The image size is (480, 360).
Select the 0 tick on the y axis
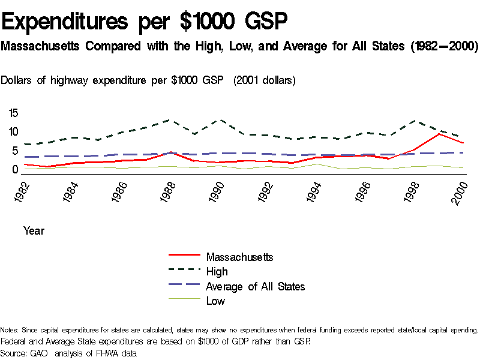[16, 170]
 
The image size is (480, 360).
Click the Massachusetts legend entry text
[240, 257]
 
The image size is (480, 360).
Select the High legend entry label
[217, 272]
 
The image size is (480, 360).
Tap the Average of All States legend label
[256, 287]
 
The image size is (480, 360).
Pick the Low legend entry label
[215, 301]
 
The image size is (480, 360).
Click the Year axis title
[34, 230]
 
